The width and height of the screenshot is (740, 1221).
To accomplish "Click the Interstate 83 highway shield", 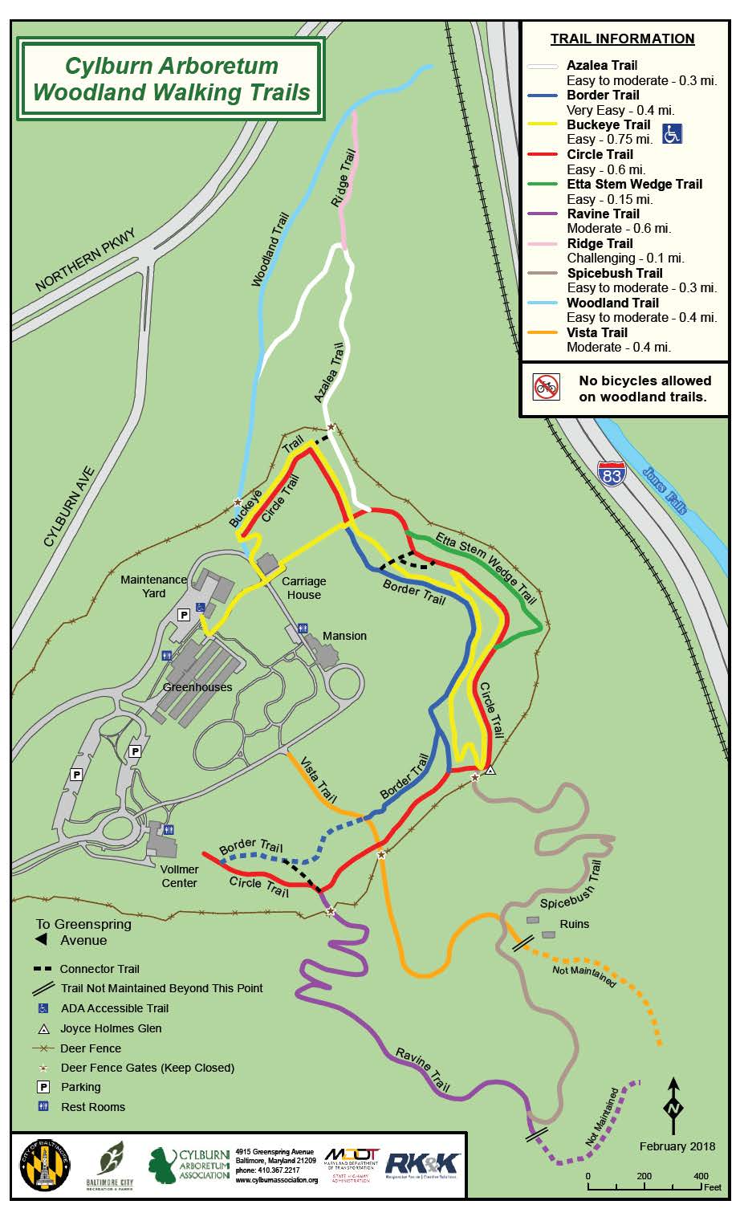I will [x=612, y=474].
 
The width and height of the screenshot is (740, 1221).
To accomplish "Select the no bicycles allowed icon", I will [x=546, y=387].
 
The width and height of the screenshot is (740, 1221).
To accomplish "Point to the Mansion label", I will [x=344, y=636].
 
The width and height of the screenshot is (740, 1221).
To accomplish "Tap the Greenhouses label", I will [x=197, y=687].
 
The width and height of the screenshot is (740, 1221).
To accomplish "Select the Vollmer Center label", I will [x=179, y=876].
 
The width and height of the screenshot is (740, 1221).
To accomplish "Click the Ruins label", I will [x=575, y=924].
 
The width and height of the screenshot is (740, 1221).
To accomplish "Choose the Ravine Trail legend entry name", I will [x=603, y=214].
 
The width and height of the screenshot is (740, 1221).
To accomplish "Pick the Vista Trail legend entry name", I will [x=597, y=332].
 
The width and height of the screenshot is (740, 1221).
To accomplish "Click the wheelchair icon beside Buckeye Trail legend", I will [x=672, y=133].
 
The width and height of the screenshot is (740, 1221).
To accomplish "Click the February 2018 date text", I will [x=677, y=1146].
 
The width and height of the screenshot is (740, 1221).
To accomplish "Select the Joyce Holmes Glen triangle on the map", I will [x=491, y=770].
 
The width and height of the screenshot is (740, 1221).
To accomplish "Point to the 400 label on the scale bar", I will [x=701, y=1176].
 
